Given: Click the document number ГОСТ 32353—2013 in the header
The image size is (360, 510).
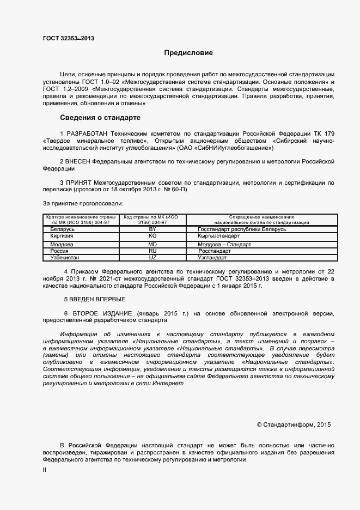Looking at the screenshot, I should point(69,39).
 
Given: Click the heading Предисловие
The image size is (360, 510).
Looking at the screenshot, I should point(188,53).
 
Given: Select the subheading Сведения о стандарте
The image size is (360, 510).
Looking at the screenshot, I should point(100,118).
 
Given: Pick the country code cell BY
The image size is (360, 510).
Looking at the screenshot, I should point(152,229).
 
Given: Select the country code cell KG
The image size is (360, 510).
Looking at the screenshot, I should point(152,236).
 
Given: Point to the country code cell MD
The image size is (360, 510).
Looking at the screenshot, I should point(152,245).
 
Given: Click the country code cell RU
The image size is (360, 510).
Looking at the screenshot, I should point(152,251).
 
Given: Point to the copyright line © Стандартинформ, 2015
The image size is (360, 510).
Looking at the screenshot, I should point(293,424).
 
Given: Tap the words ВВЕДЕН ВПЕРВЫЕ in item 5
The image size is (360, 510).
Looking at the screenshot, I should point(95,299).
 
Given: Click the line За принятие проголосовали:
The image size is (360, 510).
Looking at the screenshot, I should point(76,203).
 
